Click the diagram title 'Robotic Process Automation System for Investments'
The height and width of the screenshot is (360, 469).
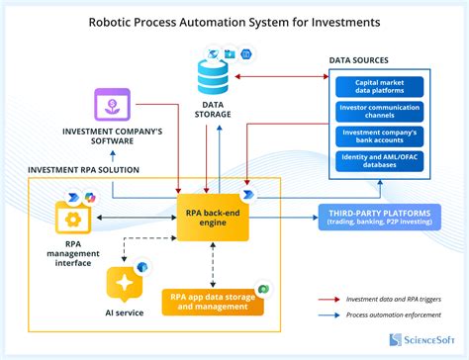coord(234,19)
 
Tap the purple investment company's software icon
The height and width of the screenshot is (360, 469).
coord(114,105)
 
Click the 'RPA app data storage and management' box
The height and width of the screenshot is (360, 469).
coord(214,301)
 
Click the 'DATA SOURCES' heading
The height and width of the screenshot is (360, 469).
coord(365,61)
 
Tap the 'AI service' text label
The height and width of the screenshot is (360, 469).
coord(125,313)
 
